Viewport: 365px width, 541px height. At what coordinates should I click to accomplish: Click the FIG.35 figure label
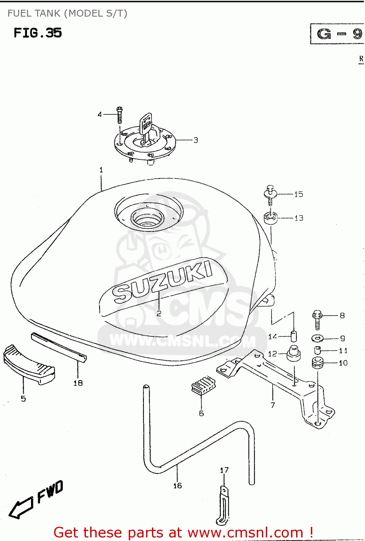[38, 33]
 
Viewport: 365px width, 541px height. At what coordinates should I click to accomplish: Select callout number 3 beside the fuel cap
[195, 140]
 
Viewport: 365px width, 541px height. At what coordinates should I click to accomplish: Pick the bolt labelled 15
[270, 195]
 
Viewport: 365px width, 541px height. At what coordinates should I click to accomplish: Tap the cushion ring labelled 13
[271, 218]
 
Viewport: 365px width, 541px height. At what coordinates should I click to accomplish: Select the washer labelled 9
[317, 338]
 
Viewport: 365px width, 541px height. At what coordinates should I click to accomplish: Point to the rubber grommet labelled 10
[317, 362]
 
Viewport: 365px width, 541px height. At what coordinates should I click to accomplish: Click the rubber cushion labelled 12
[294, 353]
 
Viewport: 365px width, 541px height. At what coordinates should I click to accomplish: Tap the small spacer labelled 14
[294, 336]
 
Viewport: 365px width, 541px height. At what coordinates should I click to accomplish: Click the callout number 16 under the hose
[177, 486]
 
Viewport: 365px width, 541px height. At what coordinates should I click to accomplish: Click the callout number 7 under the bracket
[273, 405]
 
